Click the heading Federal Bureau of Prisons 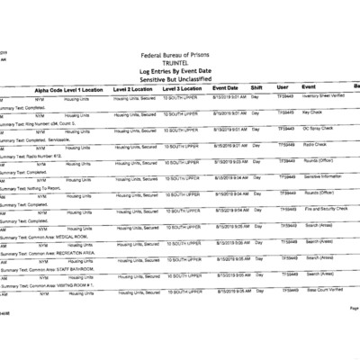(180, 53)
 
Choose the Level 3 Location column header (184, 90)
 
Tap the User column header (283, 87)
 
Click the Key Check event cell (312, 112)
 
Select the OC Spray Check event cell (318, 129)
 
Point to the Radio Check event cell (314, 145)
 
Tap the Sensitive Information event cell (324, 177)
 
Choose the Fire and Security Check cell (325, 209)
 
